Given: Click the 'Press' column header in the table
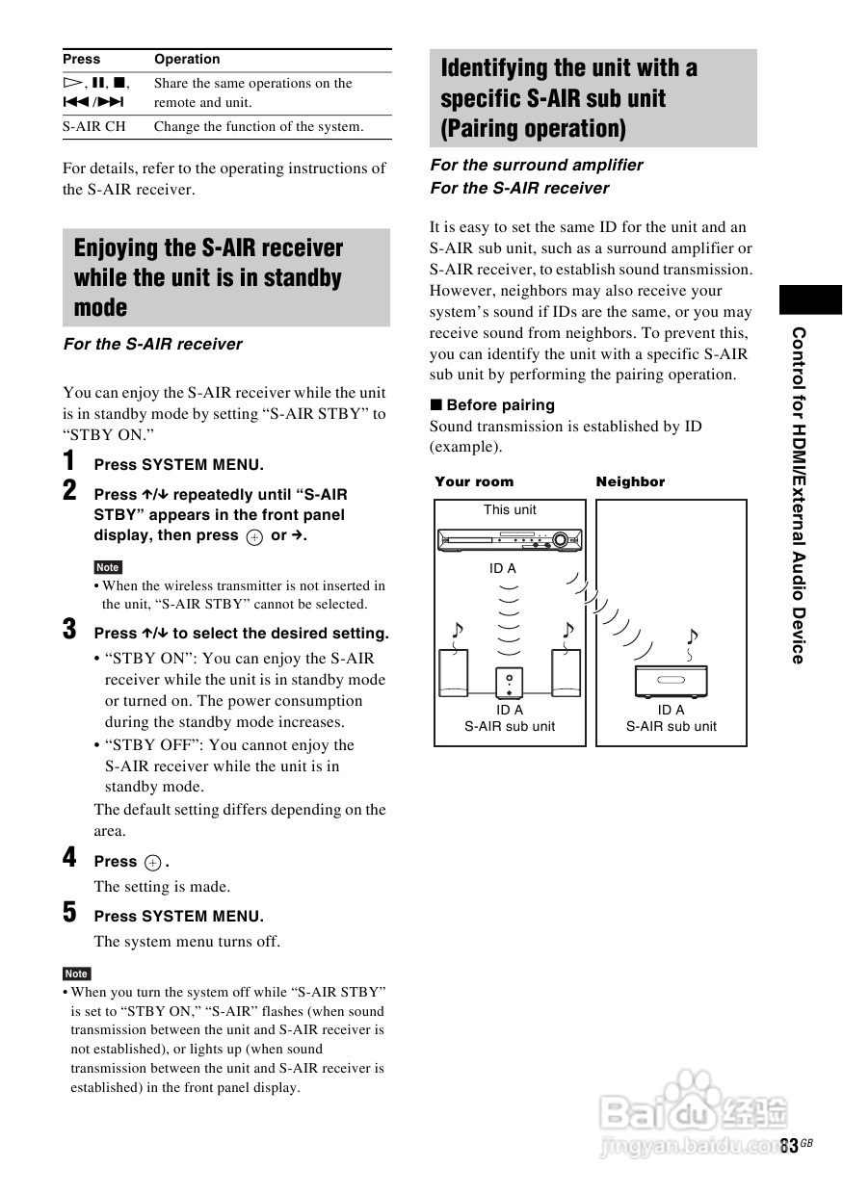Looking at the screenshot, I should (x=82, y=60).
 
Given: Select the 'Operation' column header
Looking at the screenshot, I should (x=187, y=60).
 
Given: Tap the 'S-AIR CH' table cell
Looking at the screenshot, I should (x=94, y=127).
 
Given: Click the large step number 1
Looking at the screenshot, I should (x=69, y=461).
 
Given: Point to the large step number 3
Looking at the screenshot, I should (x=69, y=631).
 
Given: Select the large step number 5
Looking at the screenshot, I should (x=69, y=913).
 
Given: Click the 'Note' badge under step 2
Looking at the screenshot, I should (x=108, y=568).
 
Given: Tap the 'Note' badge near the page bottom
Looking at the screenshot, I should (x=76, y=973).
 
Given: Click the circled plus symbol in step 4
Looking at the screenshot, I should (x=152, y=863).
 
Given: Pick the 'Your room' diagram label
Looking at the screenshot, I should (x=474, y=482).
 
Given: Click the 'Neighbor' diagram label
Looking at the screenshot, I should (x=630, y=482).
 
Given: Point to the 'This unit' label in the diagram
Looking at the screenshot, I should (x=510, y=510).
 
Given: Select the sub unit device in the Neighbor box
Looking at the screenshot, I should (x=672, y=681).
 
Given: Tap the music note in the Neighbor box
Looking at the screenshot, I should (x=692, y=638).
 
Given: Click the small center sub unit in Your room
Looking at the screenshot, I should (x=510, y=683).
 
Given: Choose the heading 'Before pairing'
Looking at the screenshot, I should (x=500, y=405).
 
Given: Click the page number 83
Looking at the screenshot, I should (x=790, y=1146).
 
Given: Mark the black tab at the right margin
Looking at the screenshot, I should (x=810, y=299).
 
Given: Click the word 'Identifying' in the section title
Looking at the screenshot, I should (x=493, y=68).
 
